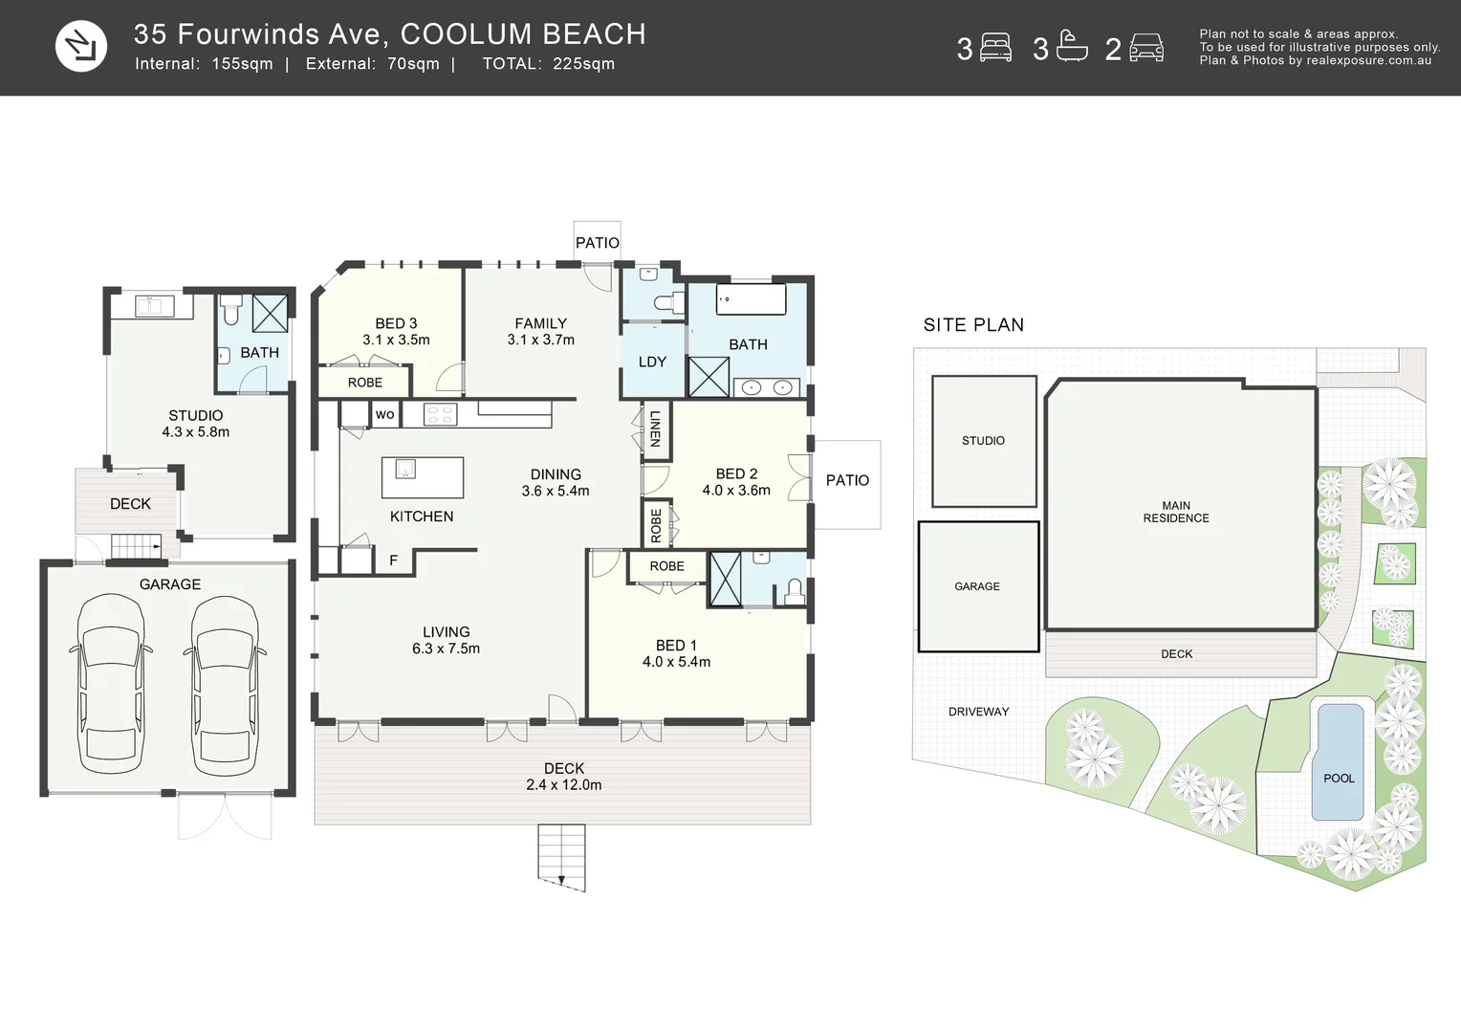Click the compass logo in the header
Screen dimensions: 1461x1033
click(81, 46)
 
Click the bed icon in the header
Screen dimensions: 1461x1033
click(995, 48)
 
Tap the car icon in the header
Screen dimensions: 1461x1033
click(1146, 48)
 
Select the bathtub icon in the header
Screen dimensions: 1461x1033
click(1072, 46)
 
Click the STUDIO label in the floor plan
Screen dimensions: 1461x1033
click(196, 416)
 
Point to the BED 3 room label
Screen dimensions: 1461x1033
click(396, 323)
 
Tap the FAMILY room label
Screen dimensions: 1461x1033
click(540, 323)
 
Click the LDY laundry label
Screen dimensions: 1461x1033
click(652, 363)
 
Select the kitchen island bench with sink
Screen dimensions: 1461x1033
click(423, 477)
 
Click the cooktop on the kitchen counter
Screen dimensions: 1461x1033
click(440, 414)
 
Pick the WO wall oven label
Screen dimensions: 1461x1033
click(384, 414)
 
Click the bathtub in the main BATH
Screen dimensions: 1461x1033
click(752, 299)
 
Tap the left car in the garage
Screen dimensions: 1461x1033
click(111, 683)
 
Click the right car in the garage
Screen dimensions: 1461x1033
click(225, 683)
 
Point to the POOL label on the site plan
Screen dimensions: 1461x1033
click(1339, 779)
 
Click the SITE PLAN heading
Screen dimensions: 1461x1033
click(973, 325)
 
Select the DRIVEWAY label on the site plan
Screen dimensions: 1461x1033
click(979, 712)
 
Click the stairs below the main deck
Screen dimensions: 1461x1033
click(561, 857)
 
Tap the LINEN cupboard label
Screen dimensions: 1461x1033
click(656, 429)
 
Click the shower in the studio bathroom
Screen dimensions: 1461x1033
click(270, 314)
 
